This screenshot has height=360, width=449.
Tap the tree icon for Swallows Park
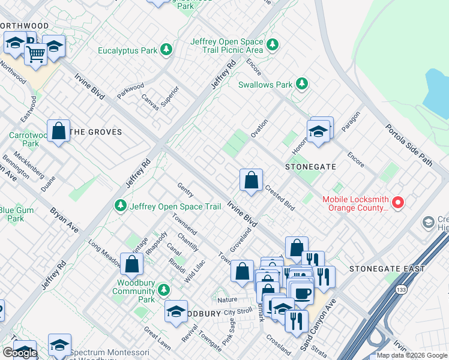pyautogui.click(x=303, y=84)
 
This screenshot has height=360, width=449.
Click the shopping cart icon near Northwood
pyautogui.click(x=36, y=55)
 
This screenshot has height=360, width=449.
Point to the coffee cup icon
pyautogui.click(x=302, y=293)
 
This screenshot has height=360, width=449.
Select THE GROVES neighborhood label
pyautogui.click(x=96, y=132)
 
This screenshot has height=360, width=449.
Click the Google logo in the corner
pyautogui.click(x=20, y=353)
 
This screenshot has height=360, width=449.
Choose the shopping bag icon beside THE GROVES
pyautogui.click(x=59, y=131)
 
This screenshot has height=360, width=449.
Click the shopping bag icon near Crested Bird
pyautogui.click(x=251, y=179)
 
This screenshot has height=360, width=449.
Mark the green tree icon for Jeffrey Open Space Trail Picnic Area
pyautogui.click(x=273, y=45)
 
